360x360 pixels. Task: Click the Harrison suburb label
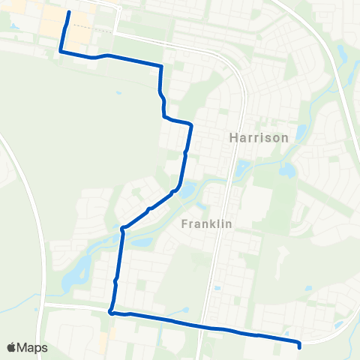259,138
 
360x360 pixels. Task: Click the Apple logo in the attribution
11,347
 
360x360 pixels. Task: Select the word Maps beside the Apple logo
32,347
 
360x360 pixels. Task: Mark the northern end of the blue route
69,12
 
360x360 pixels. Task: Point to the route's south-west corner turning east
110,312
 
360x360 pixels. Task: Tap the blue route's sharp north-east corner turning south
161,67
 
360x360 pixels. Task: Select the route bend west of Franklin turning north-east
121,227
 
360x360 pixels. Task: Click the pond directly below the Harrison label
242,169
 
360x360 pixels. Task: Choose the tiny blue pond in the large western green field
118,93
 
